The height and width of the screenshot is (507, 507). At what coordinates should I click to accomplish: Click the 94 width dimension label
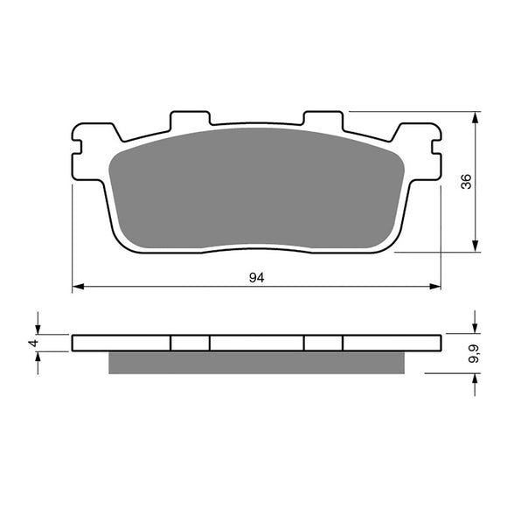click(256, 278)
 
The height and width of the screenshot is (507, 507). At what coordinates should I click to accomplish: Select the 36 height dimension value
click(467, 182)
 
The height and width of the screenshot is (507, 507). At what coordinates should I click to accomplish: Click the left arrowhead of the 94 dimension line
click(77, 286)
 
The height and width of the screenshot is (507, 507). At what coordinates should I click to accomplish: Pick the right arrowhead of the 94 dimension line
click(434, 286)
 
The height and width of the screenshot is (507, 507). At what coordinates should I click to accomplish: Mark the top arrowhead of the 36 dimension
click(476, 116)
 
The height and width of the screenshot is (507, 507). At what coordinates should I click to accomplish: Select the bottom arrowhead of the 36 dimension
click(476, 247)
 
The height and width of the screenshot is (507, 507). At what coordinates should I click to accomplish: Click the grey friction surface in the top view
click(255, 188)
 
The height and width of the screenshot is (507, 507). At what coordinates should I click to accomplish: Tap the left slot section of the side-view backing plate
click(190, 343)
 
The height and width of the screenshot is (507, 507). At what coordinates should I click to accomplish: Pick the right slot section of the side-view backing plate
click(323, 343)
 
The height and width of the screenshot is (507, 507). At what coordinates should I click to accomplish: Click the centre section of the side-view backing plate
click(256, 343)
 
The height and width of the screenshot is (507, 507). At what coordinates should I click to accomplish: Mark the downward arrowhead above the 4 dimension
click(38, 329)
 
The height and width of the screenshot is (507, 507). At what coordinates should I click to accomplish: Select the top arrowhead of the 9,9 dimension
click(476, 329)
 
